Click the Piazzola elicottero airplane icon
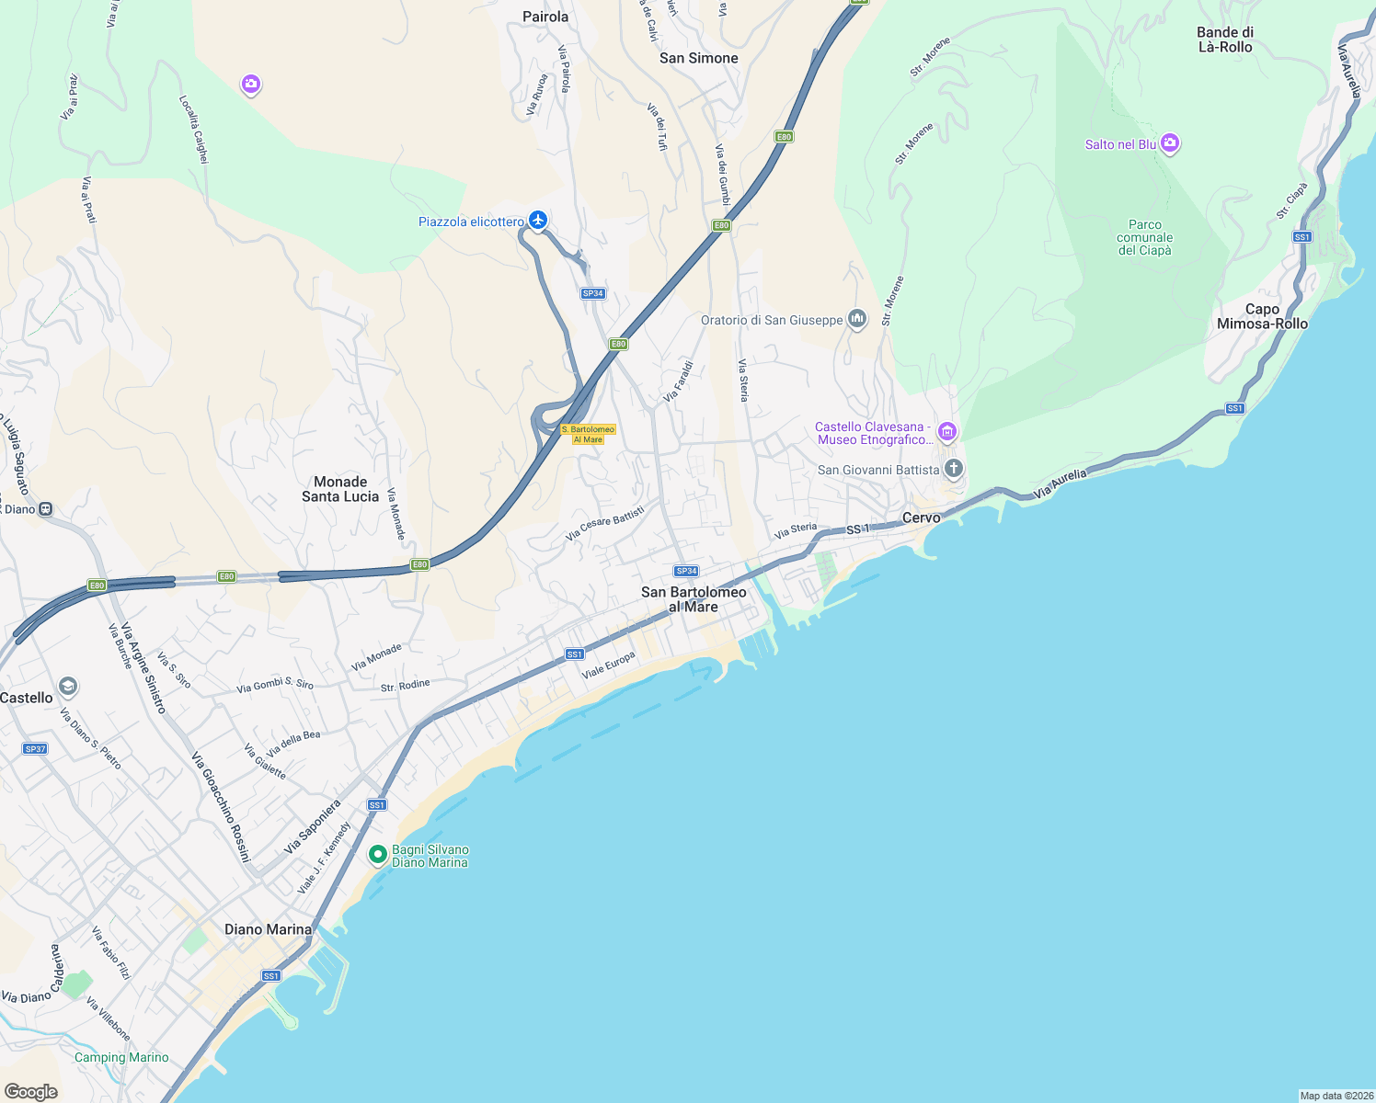coord(538,221)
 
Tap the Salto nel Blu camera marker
coord(1170,142)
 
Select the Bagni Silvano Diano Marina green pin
coord(377,855)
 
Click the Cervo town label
coord(922,517)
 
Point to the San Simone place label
coord(699,58)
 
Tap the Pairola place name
coord(545,17)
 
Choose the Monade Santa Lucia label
coord(340,489)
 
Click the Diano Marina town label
coord(269,929)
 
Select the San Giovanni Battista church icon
coord(954,469)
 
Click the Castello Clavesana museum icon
coord(947,431)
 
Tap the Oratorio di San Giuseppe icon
coord(857,319)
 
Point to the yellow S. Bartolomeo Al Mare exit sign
coord(589,435)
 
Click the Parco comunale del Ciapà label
coord(1145,237)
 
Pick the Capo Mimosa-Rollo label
coord(1262,316)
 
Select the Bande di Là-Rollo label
coord(1225,40)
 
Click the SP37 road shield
coord(35,749)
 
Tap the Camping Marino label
coord(121,1058)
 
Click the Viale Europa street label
coord(608,665)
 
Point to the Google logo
coord(31,1091)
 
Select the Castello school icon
coord(67,686)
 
